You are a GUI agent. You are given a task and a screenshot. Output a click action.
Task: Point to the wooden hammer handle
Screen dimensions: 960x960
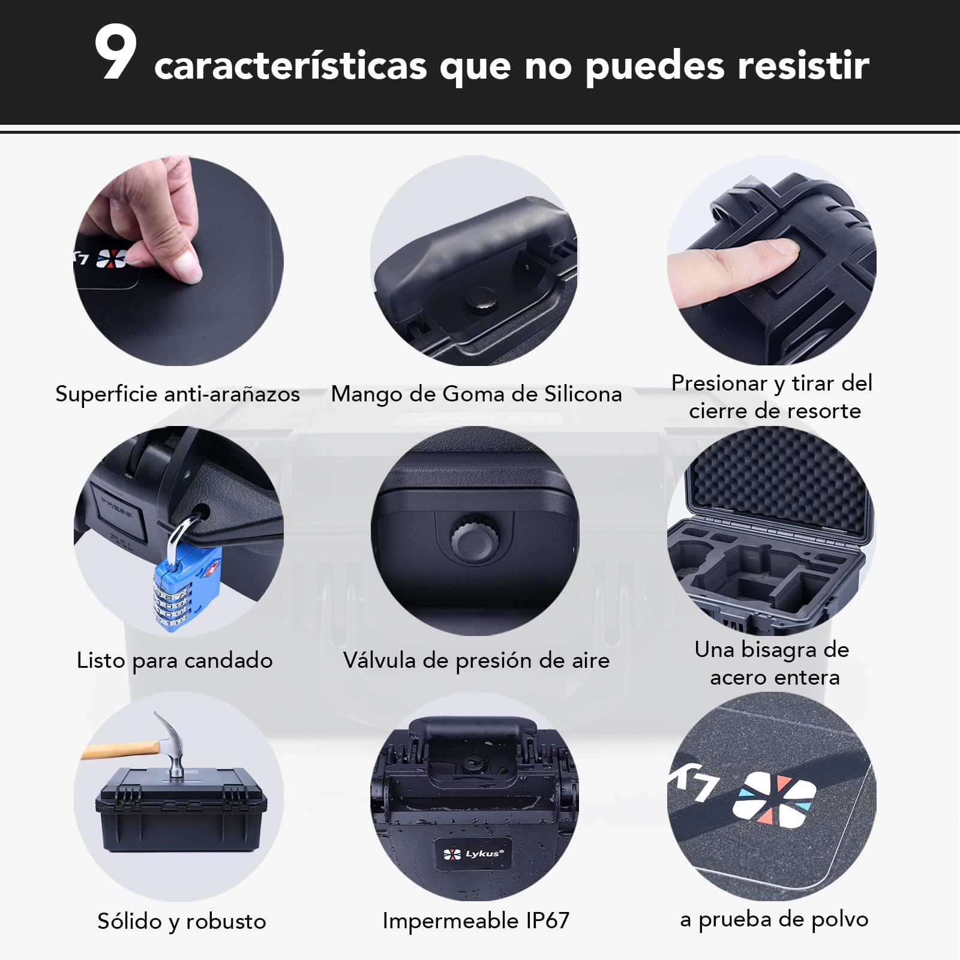120,749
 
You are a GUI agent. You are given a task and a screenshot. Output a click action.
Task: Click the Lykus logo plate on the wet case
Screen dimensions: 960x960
473,853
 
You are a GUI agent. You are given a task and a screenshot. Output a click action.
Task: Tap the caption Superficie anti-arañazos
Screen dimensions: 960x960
178,394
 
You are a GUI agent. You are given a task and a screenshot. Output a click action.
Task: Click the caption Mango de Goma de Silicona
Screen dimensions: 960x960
476,394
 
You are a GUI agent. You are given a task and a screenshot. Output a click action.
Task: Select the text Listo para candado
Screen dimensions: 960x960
175,661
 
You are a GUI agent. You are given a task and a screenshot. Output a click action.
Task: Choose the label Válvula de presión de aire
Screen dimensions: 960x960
476,660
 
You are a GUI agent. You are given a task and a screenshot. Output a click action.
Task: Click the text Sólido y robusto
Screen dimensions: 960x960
182,921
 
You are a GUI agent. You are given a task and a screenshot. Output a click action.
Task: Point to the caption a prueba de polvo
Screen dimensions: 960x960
774,919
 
